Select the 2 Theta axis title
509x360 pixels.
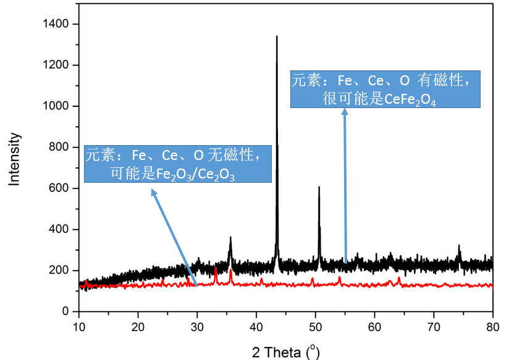(x=285, y=353)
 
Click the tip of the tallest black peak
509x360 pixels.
(x=277, y=36)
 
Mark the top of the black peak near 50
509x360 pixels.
(x=319, y=187)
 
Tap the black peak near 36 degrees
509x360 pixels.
(x=230, y=237)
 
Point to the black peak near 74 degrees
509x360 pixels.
(x=459, y=246)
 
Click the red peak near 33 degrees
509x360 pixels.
(x=216, y=268)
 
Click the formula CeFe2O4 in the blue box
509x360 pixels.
(x=410, y=99)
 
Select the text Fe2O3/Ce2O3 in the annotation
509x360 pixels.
(x=195, y=174)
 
